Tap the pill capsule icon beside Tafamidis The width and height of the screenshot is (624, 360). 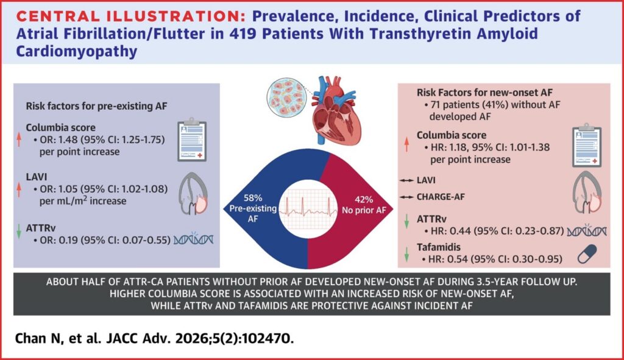587,254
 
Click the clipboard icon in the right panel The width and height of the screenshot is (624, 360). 587,146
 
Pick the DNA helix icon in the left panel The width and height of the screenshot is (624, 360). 193,239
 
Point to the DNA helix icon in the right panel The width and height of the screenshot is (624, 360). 587,231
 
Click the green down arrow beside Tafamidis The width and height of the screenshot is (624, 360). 406,255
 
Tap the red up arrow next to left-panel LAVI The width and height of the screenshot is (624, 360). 19,189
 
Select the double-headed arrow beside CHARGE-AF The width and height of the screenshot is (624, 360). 406,197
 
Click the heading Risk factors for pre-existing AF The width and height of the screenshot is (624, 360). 97,106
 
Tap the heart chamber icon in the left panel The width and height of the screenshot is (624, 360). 193,194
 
